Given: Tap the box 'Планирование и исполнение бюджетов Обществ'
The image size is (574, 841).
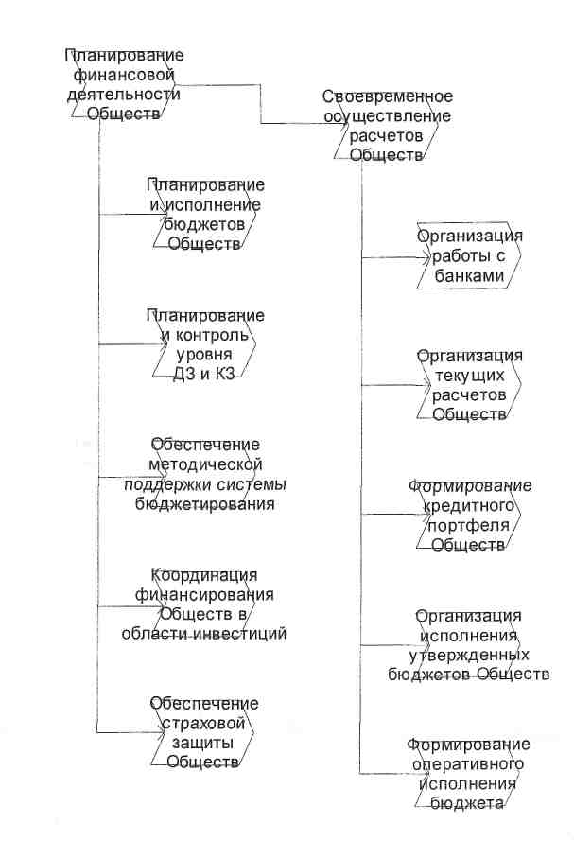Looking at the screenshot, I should pos(205,214).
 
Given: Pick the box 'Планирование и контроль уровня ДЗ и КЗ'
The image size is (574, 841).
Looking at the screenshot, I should pos(205,344).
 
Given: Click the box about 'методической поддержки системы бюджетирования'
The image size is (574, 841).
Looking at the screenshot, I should pos(205,474).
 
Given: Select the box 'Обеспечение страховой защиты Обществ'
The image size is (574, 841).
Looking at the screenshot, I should pos(205,733).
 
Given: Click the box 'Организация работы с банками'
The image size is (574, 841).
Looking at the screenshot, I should pos(470,256).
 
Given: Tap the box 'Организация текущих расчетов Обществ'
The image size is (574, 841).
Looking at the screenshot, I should pos(470,385).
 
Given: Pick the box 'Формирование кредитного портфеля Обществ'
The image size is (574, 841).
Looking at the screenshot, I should pos(470,516).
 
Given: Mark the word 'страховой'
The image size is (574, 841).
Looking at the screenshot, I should pos(205,724).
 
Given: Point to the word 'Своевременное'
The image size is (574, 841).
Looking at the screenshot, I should pos(388,96).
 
